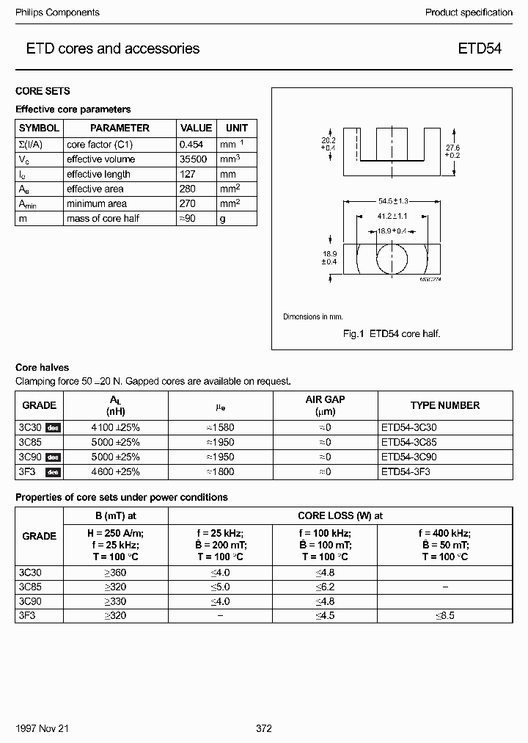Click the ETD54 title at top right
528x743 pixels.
click(x=480, y=49)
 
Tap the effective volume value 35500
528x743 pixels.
click(x=194, y=159)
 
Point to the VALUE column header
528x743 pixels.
click(x=196, y=128)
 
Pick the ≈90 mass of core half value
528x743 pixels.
click(x=189, y=218)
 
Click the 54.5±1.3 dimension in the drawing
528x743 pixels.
click(x=393, y=200)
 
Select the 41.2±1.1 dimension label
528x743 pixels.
click(x=393, y=217)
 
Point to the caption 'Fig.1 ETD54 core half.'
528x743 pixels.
click(x=392, y=333)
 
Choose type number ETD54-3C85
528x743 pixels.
click(x=411, y=442)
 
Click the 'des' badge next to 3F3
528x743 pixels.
click(x=53, y=472)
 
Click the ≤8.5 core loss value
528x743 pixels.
click(x=445, y=615)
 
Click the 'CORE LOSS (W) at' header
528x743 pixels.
click(x=340, y=515)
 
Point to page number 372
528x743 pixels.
click(x=264, y=728)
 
